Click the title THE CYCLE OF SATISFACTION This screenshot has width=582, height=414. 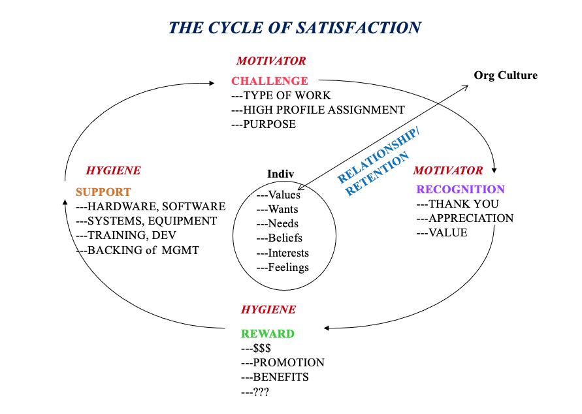(x=295, y=27)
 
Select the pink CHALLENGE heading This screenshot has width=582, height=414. (x=270, y=81)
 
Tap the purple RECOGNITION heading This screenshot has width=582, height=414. (x=461, y=189)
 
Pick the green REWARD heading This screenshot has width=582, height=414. (x=268, y=334)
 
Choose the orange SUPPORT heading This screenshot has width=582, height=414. (x=103, y=192)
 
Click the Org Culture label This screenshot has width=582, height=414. (x=506, y=75)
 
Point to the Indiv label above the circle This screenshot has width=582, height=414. (x=280, y=174)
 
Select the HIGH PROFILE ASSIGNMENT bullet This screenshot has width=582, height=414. (x=318, y=110)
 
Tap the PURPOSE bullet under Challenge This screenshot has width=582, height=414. (x=264, y=124)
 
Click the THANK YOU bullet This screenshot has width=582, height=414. (x=457, y=204)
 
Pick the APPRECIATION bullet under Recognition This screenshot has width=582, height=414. (x=465, y=218)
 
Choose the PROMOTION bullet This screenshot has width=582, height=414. (x=283, y=362)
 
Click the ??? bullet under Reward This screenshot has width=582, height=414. (x=255, y=391)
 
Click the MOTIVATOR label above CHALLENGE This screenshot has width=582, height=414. (x=271, y=61)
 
